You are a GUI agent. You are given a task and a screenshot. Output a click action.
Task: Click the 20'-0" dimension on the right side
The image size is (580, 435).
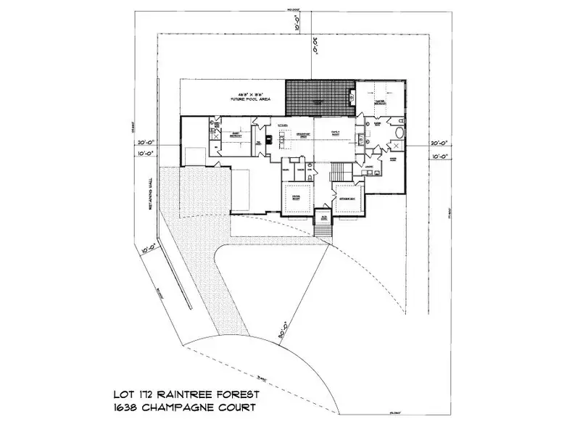click(441, 143)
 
